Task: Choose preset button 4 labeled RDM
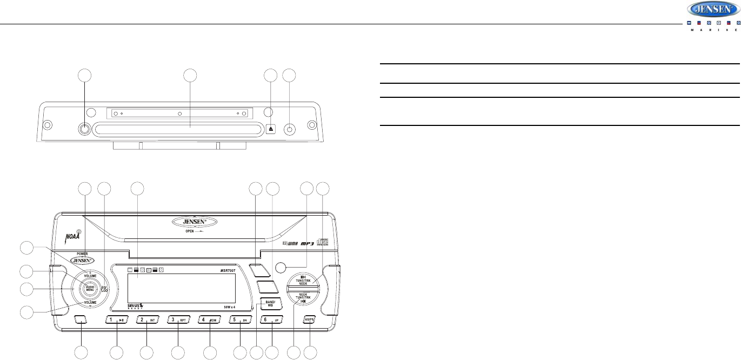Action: tap(211, 320)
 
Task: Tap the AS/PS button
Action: tap(309, 319)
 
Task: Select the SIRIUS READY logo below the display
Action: tap(136, 307)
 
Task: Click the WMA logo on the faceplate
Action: tap(292, 244)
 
